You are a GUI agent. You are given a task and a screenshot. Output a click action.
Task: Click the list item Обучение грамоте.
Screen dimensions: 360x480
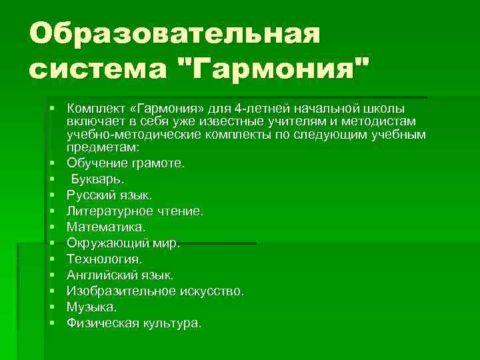(x=126, y=163)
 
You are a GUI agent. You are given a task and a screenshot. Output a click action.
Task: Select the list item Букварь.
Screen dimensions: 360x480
(x=97, y=179)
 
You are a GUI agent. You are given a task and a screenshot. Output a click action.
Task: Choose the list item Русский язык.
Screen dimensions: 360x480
(x=109, y=195)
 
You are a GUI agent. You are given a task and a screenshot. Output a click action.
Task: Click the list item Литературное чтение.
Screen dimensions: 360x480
(x=135, y=211)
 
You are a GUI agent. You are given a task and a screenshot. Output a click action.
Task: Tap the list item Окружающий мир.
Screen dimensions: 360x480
(x=123, y=243)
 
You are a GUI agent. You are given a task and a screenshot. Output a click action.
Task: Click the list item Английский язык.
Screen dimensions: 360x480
(x=119, y=275)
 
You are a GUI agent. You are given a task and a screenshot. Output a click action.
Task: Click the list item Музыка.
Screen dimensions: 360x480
(x=91, y=307)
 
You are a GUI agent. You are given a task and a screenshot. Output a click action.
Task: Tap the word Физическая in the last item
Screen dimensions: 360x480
(x=102, y=323)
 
